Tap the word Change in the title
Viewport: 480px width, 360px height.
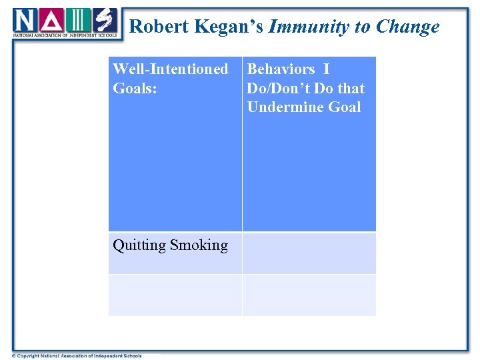407,27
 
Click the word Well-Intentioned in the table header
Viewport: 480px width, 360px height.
171,69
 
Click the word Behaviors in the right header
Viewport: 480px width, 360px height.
281,69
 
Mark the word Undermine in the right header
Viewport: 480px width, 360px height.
281,107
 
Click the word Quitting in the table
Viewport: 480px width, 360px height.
139,245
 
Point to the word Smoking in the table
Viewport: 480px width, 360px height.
199,245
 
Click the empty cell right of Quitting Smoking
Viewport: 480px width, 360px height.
309,253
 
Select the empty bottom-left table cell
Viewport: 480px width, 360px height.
175,295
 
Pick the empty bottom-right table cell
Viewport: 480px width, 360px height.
309,295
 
